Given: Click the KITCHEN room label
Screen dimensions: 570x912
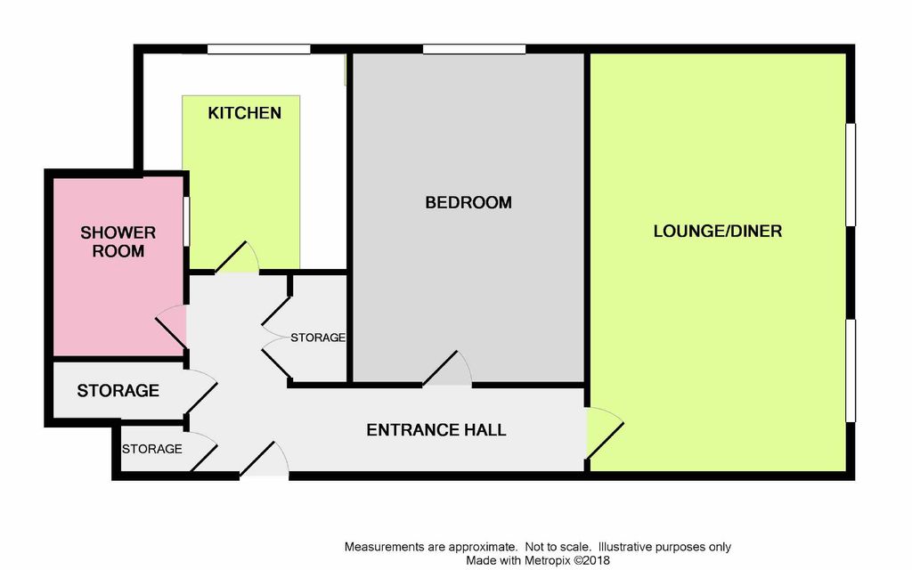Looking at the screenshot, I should (x=244, y=113).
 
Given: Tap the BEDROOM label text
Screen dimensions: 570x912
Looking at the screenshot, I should (x=468, y=203).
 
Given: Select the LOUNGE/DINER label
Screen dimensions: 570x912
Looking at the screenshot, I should (x=718, y=232).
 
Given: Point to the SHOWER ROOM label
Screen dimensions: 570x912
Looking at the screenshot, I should (x=118, y=242).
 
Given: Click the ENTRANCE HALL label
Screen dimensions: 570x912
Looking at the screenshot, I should (x=436, y=430).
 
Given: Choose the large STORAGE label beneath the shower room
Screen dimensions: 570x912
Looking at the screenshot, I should (x=118, y=391).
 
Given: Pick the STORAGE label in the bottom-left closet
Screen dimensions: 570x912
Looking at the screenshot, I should (x=151, y=449).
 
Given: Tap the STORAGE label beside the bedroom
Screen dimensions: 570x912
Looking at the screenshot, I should (x=318, y=338).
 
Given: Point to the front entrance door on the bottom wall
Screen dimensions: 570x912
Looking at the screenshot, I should (x=265, y=461).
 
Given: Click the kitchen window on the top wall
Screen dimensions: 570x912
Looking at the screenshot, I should (x=259, y=49).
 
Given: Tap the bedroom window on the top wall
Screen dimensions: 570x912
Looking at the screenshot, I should (x=474, y=49).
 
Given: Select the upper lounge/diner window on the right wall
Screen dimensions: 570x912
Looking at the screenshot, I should (x=851, y=175).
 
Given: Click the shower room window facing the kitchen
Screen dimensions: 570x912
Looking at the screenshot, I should (x=186, y=221).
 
